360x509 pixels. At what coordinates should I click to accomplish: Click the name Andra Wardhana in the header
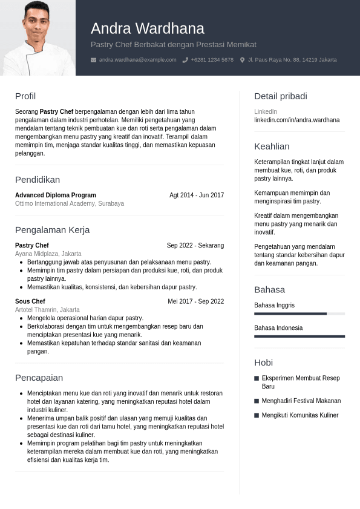pyautogui.click(x=148, y=28)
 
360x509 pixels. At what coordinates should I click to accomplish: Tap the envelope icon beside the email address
pyautogui.click(x=93, y=60)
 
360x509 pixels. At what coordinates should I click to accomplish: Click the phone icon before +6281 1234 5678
pyautogui.click(x=185, y=60)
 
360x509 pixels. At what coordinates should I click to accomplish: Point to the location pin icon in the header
pyautogui.click(x=243, y=60)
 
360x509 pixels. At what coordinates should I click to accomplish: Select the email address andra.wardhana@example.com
pyautogui.click(x=138, y=60)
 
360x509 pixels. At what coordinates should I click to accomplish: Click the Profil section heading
pyautogui.click(x=25, y=96)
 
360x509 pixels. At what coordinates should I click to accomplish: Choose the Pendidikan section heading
pyautogui.click(x=38, y=180)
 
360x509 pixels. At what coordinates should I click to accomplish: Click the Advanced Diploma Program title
pyautogui.click(x=56, y=195)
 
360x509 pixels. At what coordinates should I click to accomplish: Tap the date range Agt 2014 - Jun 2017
pyautogui.click(x=197, y=195)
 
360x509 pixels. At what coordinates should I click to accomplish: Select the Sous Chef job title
pyautogui.click(x=30, y=301)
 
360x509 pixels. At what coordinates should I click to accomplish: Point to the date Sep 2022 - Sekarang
pyautogui.click(x=195, y=245)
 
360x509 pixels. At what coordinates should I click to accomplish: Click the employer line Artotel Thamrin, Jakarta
pyautogui.click(x=47, y=309)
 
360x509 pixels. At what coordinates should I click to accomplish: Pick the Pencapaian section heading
pyautogui.click(x=39, y=378)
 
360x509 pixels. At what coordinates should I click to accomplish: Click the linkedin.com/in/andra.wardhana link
pyautogui.click(x=297, y=120)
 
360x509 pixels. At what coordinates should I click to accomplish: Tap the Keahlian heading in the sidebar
pyautogui.click(x=272, y=146)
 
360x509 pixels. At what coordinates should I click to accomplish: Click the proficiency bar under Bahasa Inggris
pyautogui.click(x=299, y=314)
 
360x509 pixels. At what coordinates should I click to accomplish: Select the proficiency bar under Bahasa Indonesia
pyautogui.click(x=299, y=336)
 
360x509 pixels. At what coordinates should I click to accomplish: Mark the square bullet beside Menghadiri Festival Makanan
pyautogui.click(x=257, y=401)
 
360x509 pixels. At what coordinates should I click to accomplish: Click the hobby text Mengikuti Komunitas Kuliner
pyautogui.click(x=300, y=415)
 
